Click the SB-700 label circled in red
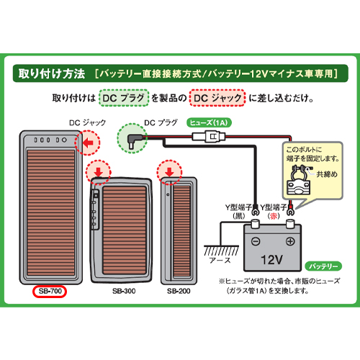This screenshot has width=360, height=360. pyautogui.click(x=50, y=291)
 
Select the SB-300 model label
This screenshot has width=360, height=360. pyautogui.click(x=124, y=291)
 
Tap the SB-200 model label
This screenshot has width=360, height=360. pyautogui.click(x=179, y=291)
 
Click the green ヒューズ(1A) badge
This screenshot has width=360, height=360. pyautogui.click(x=209, y=122)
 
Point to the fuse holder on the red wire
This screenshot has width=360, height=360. pyautogui.click(x=209, y=137)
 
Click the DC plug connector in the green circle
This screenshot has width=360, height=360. pyautogui.click(x=133, y=141)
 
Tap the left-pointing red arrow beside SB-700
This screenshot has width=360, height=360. pyautogui.click(x=88, y=143)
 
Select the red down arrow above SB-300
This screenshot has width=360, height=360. pyautogui.click(x=99, y=172)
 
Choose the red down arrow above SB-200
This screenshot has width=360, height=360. pyautogui.click(x=169, y=172)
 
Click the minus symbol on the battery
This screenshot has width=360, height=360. pyautogui.click(x=256, y=241)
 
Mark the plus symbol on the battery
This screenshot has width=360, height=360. pyautogui.click(x=290, y=241)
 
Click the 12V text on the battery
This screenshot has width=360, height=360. pyautogui.click(x=271, y=260)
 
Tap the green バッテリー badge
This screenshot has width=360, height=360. pyautogui.click(x=323, y=266)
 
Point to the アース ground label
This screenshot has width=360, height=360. pyautogui.click(x=220, y=260)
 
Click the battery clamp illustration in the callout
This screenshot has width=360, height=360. pyautogui.click(x=299, y=180)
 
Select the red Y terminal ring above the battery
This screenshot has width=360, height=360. pyautogui.click(x=290, y=211)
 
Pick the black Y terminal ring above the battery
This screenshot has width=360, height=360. pyautogui.click(x=255, y=212)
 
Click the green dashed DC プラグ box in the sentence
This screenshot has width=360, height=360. pyautogui.click(x=124, y=98)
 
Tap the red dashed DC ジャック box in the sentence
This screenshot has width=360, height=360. pyautogui.click(x=217, y=98)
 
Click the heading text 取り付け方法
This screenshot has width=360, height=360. pyautogui.click(x=52, y=73)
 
